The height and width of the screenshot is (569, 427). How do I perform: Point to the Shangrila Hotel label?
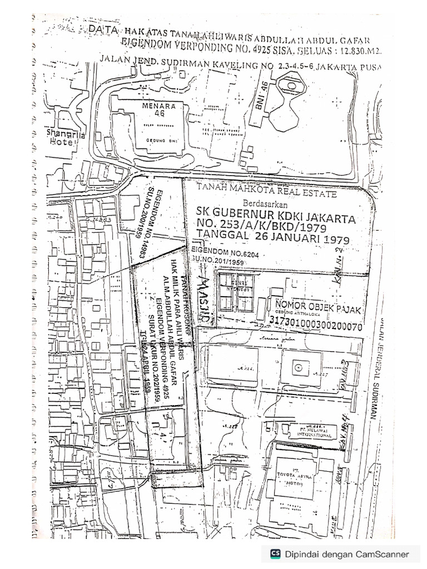[61, 137]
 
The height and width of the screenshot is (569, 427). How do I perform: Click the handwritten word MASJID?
[205, 295]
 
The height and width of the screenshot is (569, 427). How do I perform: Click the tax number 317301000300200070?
[315, 321]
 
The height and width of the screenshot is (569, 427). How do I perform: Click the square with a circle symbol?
[299, 367]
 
